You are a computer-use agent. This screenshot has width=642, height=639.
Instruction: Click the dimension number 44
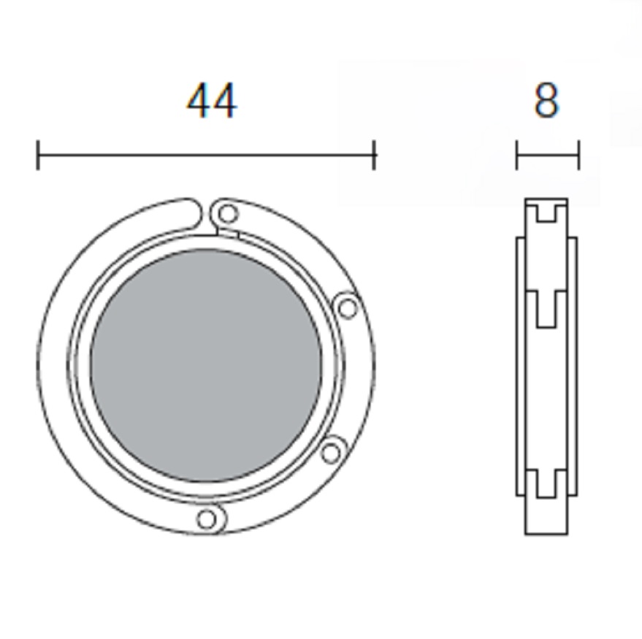[212, 101]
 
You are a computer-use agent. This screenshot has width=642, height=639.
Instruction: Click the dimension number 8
[546, 100]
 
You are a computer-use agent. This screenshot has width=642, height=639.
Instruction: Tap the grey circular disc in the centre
[206, 365]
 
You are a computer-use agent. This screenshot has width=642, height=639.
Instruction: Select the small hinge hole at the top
[228, 214]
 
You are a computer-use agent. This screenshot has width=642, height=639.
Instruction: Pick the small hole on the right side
[348, 308]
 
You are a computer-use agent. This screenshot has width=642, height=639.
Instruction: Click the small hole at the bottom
[207, 519]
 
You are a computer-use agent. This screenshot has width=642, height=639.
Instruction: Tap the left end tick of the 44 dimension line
[38, 155]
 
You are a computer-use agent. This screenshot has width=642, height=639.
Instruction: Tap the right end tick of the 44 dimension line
[374, 155]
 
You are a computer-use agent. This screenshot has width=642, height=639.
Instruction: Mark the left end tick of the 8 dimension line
[516, 155]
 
